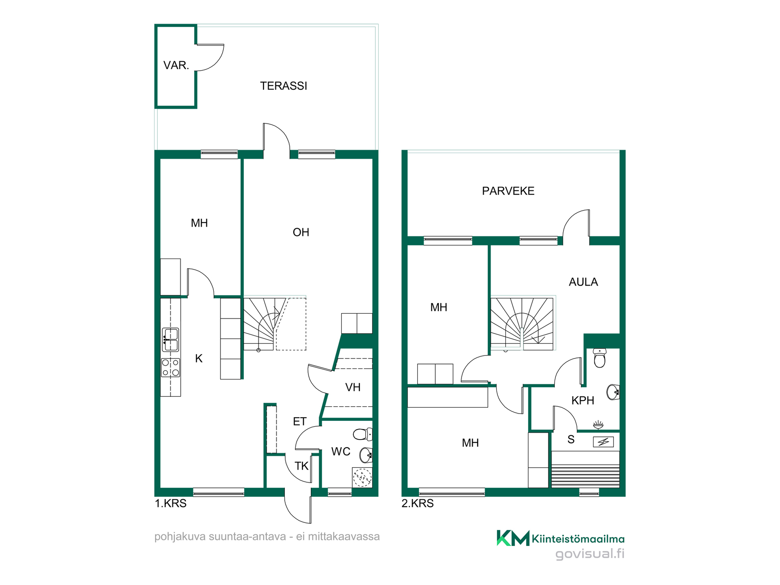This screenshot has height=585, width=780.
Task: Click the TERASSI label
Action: click(284, 86)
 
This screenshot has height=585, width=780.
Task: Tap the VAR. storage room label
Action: click(176, 65)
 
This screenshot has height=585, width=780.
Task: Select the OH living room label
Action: click(301, 232)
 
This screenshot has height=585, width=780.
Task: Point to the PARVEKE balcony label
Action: click(508, 191)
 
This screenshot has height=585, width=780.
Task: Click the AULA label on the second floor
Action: click(583, 282)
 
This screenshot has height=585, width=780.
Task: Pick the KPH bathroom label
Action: click(583, 401)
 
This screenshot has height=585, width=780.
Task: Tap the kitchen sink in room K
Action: click(171, 340)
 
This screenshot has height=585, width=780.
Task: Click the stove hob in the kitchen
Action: click(171, 367)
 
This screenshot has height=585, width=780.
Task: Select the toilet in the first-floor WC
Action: click(363, 434)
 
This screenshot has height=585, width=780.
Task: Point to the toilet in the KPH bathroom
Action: click(600, 357)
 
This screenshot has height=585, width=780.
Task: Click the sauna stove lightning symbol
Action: click(603, 442)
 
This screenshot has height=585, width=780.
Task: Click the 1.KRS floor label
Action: click(171, 503)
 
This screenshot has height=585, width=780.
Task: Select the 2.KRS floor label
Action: click(418, 503)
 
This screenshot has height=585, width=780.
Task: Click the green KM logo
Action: click(513, 538)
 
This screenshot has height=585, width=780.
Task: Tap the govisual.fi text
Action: click(589, 554)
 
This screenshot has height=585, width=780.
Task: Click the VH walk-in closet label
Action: click(353, 387)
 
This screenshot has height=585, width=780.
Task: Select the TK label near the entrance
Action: click(301, 466)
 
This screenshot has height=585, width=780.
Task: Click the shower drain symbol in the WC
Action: click(362, 477)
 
